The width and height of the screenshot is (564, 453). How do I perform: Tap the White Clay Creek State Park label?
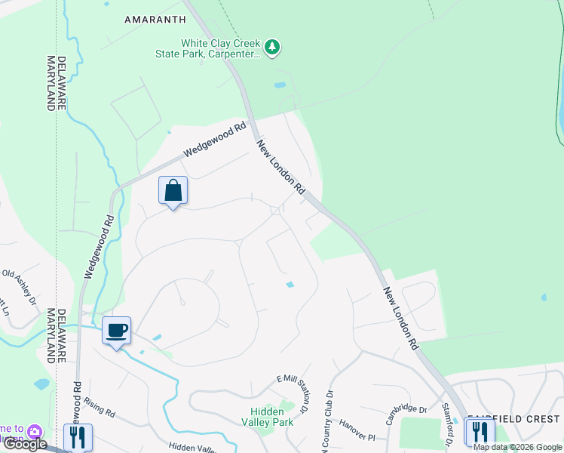219,48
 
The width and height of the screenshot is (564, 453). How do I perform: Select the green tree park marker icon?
273,48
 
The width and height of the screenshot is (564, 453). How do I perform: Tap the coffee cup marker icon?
116,331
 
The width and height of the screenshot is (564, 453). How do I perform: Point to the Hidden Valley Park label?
271,417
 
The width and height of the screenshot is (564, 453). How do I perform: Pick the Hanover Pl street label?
356,431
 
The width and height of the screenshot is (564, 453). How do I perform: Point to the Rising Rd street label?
100,411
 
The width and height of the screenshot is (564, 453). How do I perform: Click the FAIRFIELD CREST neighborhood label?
513,419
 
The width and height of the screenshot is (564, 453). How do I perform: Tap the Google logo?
25,444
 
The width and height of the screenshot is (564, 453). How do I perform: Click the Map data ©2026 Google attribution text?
517,447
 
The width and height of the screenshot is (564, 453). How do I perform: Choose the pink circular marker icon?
33,432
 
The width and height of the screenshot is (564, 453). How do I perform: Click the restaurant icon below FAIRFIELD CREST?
479,433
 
